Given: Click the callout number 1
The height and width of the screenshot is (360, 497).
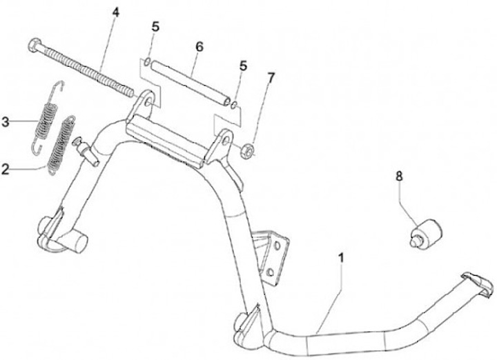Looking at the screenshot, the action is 343,258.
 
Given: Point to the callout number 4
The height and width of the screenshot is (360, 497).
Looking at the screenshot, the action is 115,11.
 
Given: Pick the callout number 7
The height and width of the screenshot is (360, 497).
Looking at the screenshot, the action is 270,77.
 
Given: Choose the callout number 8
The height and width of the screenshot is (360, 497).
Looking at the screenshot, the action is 399,176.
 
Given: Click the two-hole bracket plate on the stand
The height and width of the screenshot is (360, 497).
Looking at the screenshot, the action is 275,254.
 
